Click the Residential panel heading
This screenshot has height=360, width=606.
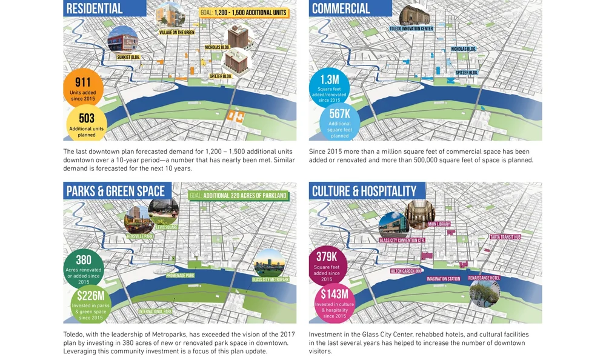click(95, 8)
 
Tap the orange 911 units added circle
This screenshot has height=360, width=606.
click(83, 87)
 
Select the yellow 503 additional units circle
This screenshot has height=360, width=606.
click(86, 124)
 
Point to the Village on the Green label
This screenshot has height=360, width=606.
click(177, 32)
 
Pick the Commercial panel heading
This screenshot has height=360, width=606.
click(341, 8)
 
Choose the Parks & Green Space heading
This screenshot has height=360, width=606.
click(115, 192)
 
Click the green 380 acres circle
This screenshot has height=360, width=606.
click(84, 268)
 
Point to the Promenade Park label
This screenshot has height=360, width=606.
click(181, 276)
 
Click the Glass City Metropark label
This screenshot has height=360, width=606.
click(270, 279)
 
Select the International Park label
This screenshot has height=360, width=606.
click(156, 312)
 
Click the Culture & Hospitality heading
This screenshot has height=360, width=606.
click(364, 192)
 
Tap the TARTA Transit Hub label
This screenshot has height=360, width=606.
click(505, 237)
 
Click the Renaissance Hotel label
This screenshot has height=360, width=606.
click(484, 278)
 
